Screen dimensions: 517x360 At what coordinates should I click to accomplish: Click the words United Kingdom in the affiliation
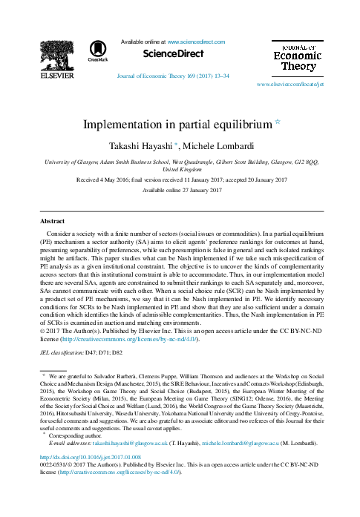click(180, 169)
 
